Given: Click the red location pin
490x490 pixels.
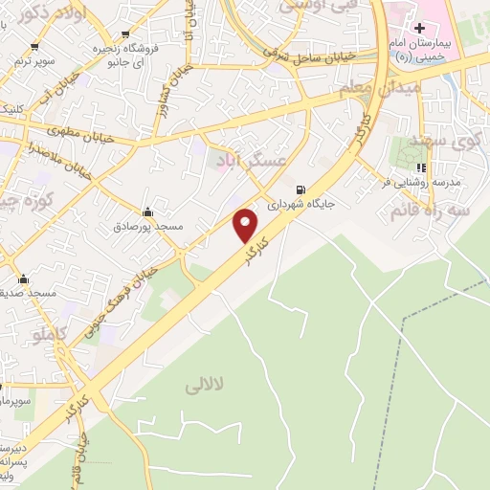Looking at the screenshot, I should pos(246,225).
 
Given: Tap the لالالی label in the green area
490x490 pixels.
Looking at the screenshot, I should pos(204,385).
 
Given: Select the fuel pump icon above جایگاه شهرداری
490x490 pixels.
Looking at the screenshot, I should pos(301,189).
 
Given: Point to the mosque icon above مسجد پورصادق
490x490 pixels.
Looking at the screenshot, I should pos(146,212).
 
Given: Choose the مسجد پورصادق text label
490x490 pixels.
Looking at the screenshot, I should pos(145,227).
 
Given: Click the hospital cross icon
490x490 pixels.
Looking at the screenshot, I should pos(419,29).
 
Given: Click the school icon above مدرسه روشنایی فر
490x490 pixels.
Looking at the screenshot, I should pos(421,168).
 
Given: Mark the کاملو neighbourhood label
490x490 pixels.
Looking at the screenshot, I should pos(51,334).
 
